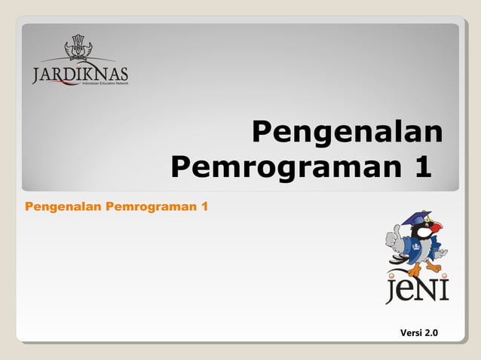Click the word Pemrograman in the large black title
(283, 165)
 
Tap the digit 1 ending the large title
(423, 165)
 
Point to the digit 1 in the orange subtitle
(204, 206)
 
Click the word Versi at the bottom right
(410, 333)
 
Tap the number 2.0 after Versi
(431, 333)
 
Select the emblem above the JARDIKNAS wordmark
(78, 47)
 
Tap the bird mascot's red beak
(435, 227)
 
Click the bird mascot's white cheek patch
(424, 233)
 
